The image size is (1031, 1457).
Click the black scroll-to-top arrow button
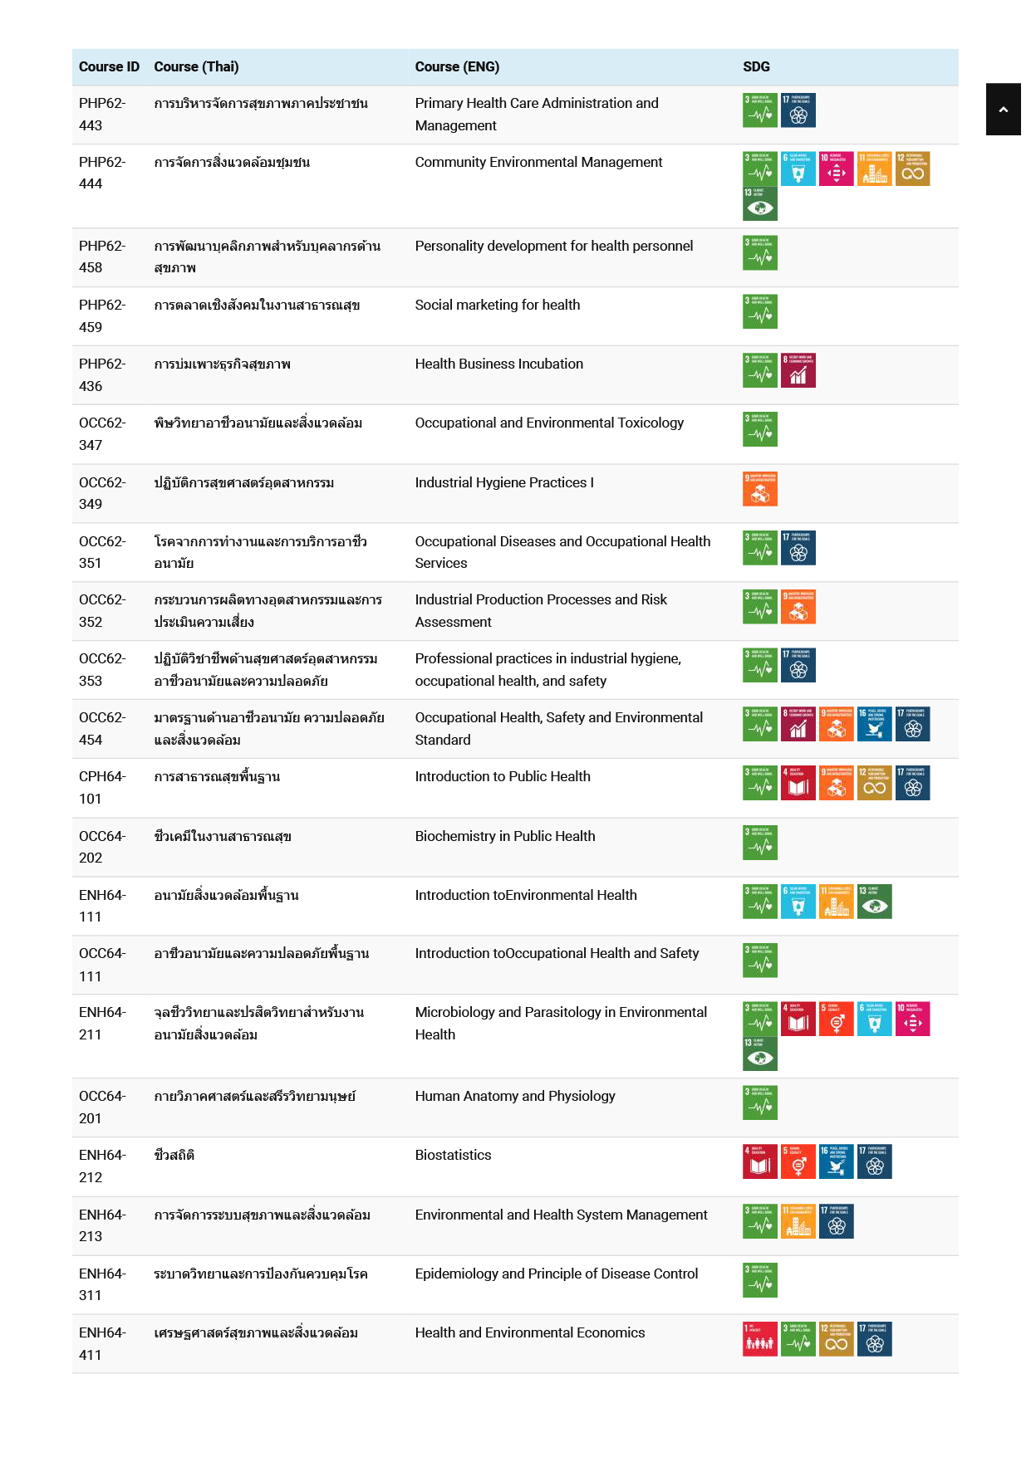1003,109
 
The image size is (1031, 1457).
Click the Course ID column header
109,67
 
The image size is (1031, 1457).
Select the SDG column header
756,67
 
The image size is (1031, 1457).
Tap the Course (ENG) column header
457,67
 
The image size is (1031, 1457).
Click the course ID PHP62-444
102,173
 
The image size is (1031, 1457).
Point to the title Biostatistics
453,1155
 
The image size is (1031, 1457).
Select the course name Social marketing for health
497,305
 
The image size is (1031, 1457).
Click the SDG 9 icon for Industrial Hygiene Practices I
760,488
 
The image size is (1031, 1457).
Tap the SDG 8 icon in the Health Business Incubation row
798,370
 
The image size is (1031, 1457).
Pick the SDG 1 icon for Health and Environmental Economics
760,1338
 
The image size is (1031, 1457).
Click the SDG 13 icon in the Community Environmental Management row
760,203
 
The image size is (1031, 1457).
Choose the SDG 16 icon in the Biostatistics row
837,1161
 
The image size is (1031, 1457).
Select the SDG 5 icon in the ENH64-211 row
837,1019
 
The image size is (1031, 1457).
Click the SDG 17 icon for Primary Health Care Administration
798,110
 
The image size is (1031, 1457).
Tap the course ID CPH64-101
102,787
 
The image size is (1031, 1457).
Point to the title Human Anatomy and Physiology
515,1096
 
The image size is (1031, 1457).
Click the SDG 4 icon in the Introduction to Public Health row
798,783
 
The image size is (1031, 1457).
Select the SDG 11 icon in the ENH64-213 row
798,1220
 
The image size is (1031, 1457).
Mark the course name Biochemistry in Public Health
505,836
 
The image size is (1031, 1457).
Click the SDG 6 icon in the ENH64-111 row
798,902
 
